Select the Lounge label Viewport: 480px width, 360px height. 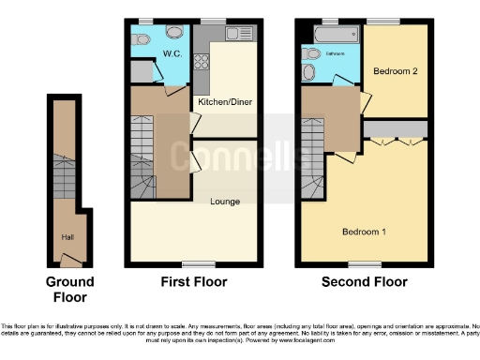coord(225,202)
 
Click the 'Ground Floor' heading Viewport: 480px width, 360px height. coord(70,289)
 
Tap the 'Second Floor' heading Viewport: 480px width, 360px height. coord(364,281)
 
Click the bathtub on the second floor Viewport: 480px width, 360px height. coord(333,35)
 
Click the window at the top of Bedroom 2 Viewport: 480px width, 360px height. coord(382,21)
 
